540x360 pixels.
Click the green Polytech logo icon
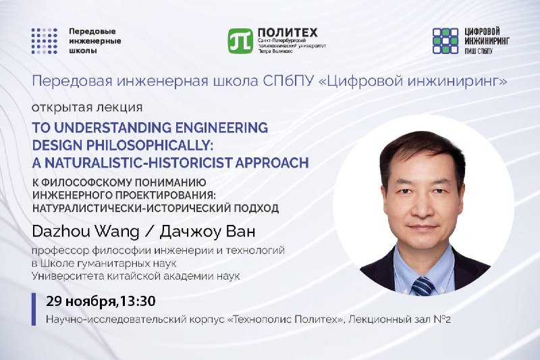(240, 41)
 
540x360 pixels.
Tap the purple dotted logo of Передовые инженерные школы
(45, 41)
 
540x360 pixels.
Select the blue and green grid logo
(446, 41)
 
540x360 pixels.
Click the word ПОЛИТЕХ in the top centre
(288, 32)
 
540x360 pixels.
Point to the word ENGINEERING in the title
(221, 128)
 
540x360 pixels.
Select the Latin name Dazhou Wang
(86, 232)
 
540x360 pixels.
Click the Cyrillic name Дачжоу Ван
(207, 232)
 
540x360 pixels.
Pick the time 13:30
(137, 301)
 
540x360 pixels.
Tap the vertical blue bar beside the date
(33, 309)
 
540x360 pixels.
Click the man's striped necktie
(423, 286)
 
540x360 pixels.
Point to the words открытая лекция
(87, 107)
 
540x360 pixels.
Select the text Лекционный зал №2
(400, 319)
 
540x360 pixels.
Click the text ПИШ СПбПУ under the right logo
(479, 51)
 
